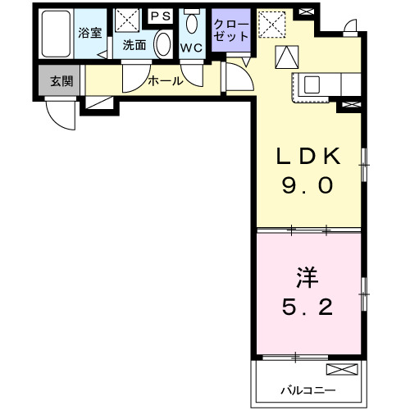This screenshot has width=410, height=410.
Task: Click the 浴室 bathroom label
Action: [89, 34]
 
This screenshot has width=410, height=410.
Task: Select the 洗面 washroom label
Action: [134, 46]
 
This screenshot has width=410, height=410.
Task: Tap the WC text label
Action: [191, 47]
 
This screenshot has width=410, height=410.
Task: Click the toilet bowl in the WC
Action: [191, 22]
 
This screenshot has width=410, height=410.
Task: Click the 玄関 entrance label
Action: [60, 80]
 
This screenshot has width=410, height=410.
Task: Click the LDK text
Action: [307, 156]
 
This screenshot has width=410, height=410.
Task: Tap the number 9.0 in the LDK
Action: [307, 186]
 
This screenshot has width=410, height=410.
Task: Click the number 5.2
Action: [307, 308]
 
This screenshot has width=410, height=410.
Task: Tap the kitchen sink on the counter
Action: [312, 83]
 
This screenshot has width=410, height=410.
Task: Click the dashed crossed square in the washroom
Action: [127, 20]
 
